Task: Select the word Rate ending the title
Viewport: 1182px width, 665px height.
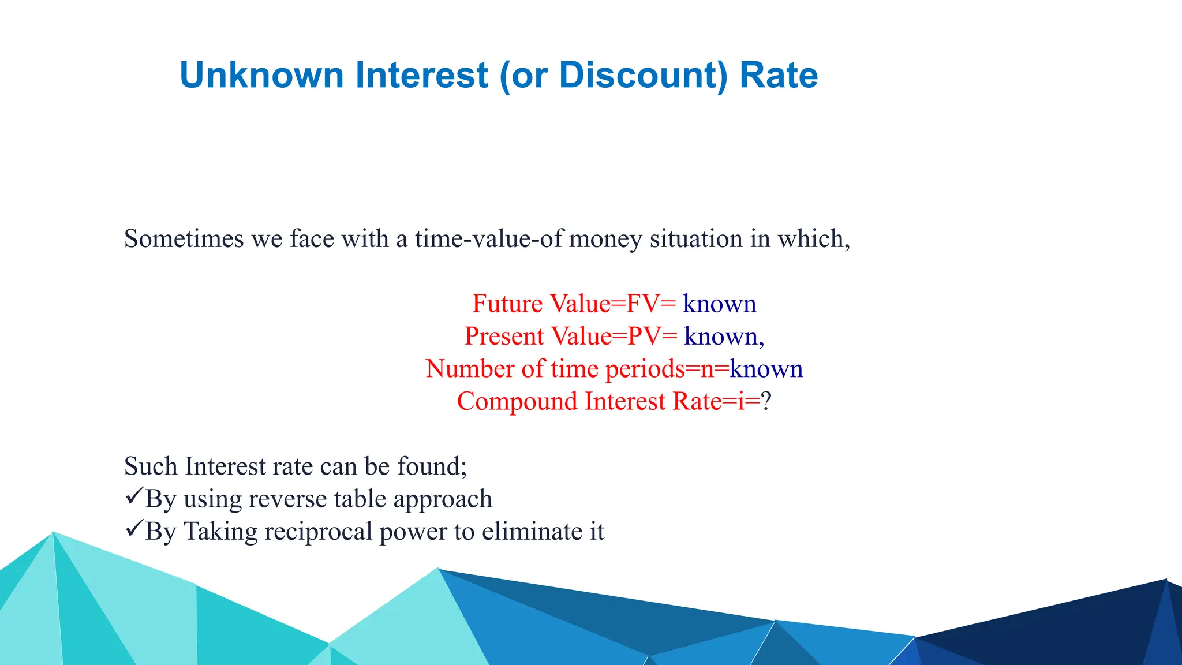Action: [x=779, y=75]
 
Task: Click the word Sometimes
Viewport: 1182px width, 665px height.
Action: [x=184, y=239]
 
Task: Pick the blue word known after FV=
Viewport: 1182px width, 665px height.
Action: [x=719, y=304]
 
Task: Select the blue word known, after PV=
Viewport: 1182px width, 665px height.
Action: [x=724, y=337]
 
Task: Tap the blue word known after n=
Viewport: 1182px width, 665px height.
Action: [x=766, y=369]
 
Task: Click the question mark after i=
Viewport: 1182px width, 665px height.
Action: [x=766, y=401]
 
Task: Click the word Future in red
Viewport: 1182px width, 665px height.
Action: [x=507, y=304]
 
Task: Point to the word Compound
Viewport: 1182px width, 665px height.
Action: [x=517, y=401]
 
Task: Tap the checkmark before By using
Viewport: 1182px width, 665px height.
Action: [x=133, y=496]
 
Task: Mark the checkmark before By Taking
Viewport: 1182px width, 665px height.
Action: [x=133, y=528]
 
